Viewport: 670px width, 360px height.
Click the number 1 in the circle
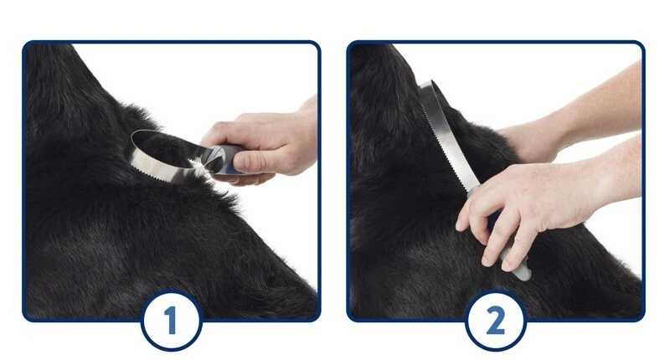coord(171,321)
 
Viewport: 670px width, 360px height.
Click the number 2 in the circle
coord(496,321)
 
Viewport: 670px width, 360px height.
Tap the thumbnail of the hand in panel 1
coord(242,162)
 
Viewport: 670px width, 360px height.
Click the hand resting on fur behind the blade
coord(530,141)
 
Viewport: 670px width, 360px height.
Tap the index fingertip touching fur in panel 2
coord(461,224)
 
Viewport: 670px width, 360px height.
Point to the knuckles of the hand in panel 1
coord(222,128)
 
